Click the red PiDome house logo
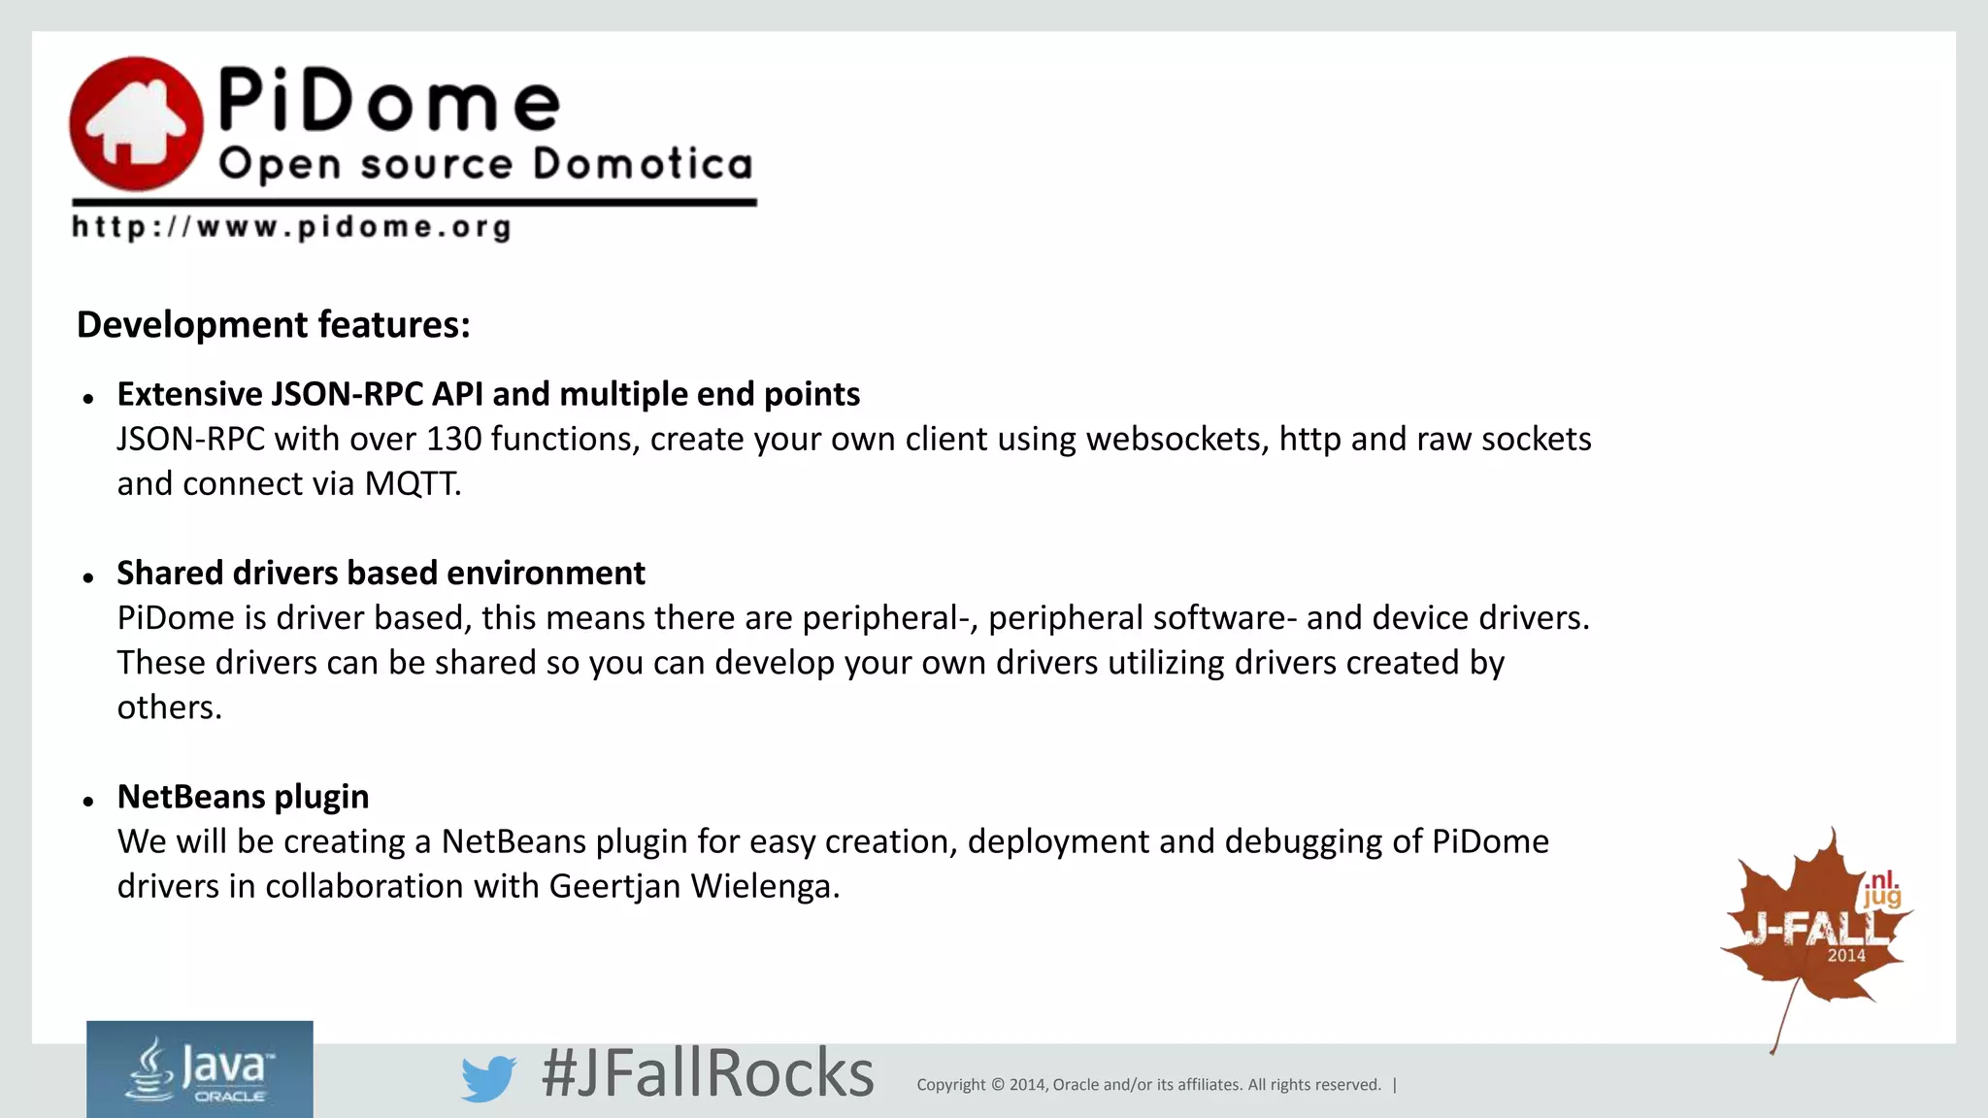pos(136,123)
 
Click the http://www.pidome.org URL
pos(291,228)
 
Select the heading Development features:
pos(273,324)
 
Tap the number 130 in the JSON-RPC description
pos(453,439)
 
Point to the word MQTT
pos(412,483)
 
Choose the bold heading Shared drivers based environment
pos(381,573)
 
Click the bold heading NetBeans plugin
pos(243,796)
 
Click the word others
pos(169,707)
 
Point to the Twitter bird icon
pos(487,1077)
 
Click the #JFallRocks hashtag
pos(708,1073)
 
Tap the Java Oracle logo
pos(200,1069)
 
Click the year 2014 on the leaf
pos(1846,956)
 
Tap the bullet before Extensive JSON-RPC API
pos(88,398)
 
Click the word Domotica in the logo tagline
pos(643,164)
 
